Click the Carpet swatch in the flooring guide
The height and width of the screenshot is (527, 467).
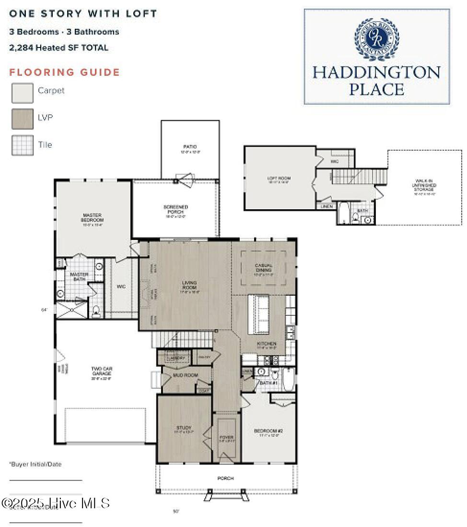23,93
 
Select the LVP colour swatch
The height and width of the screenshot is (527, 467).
23,119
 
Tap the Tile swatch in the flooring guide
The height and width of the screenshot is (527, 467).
23,145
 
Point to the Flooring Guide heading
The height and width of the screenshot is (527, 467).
65,72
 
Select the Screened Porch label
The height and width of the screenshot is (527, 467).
175,210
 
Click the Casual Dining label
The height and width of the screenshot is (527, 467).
264,268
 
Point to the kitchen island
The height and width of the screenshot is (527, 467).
259,314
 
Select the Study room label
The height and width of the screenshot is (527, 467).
184,430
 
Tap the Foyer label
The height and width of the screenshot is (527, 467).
226,439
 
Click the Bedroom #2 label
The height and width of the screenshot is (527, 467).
266,433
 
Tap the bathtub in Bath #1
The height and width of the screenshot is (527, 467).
289,380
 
